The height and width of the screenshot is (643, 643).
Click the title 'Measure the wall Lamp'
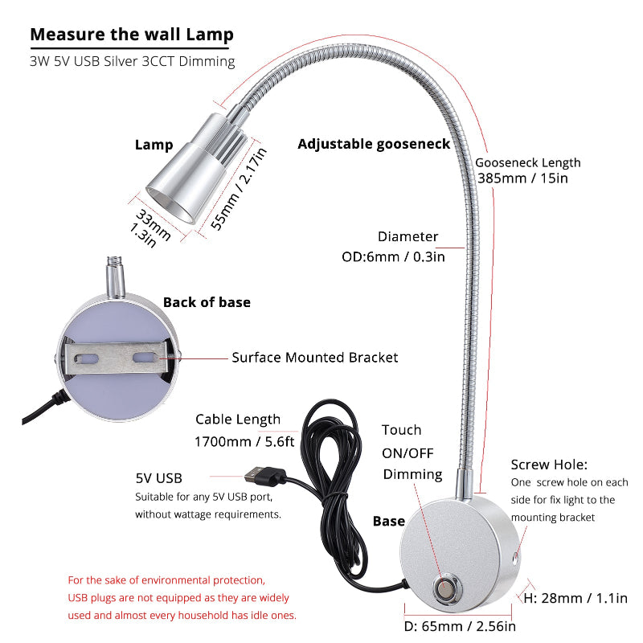132,35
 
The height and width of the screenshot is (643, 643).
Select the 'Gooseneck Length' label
528,162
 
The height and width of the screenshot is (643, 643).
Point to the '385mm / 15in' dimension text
522,178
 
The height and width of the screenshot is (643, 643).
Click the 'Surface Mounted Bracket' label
315,358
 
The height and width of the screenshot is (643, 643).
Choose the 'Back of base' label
207,302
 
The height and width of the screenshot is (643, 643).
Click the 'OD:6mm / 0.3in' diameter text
393,256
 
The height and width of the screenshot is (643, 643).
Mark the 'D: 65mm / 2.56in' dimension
459,626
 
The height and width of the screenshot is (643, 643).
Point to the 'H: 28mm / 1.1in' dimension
575,597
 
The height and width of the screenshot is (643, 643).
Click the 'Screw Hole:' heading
549,465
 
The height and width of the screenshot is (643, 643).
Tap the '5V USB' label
159,477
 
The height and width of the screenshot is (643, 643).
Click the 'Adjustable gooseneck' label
374,144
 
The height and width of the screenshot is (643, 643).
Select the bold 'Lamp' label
154,145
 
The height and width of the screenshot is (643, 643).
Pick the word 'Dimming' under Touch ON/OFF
412,474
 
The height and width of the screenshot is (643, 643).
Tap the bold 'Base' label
389,521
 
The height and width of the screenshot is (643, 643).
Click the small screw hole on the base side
513,556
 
